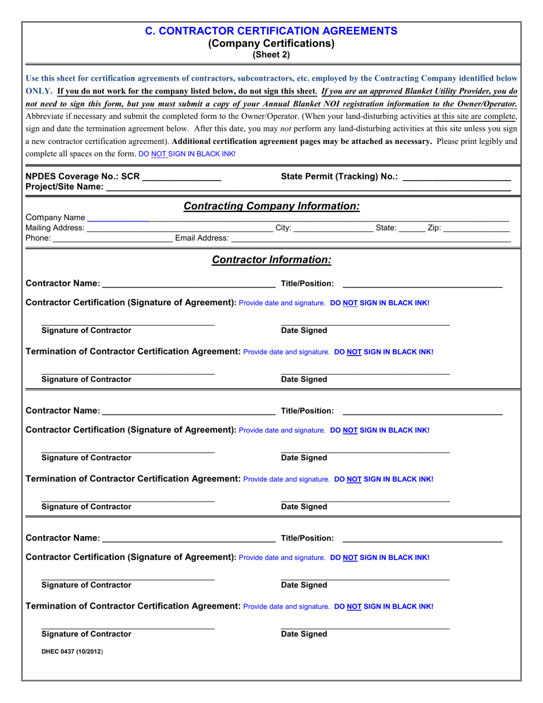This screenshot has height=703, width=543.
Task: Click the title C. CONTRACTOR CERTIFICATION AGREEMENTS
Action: (271, 31)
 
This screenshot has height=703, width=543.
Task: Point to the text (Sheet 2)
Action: (271, 55)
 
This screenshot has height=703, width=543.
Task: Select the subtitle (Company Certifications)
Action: (271, 43)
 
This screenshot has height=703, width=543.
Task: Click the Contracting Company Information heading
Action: (271, 206)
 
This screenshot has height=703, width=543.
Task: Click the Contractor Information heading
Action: (271, 260)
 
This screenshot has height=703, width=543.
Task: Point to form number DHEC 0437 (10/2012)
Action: (72, 651)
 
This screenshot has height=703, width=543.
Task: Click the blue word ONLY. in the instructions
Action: (39, 91)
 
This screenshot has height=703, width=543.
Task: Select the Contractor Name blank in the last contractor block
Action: (189, 538)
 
